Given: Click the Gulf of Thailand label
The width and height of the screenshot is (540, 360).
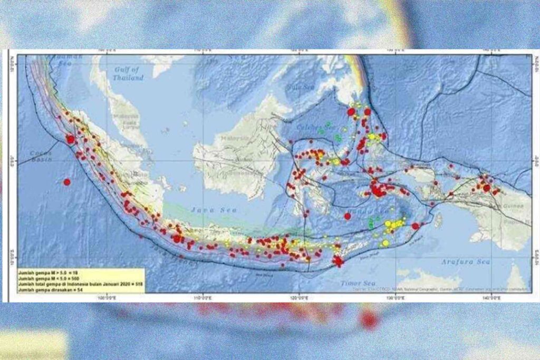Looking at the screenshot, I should coord(128,74).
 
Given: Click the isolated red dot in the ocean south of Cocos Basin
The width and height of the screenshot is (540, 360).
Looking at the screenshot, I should coord(67,182).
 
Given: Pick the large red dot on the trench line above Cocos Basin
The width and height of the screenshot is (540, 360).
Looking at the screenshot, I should coord(71,139).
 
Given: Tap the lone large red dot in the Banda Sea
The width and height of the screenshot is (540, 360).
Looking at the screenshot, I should coord(347,216).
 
